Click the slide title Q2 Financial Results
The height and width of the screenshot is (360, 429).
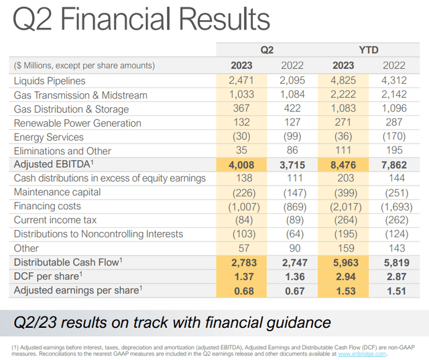(137, 20)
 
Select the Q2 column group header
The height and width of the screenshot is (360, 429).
(267, 50)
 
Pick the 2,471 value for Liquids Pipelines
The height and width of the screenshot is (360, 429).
(241, 81)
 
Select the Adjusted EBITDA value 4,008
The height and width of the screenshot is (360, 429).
(241, 165)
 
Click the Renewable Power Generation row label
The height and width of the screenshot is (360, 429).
(78, 123)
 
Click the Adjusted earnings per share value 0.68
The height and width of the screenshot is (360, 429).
(241, 290)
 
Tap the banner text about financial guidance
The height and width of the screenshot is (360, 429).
(173, 322)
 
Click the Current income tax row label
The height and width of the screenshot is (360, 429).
(55, 220)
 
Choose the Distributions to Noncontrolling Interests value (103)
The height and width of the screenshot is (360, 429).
(241, 234)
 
